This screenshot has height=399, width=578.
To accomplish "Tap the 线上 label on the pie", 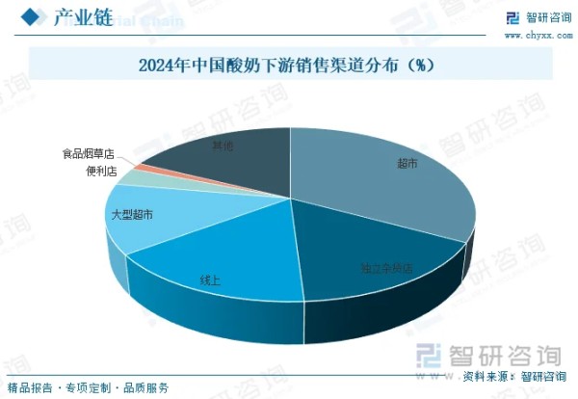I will [x=210, y=280].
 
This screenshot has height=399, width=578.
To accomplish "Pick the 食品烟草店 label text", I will [x=88, y=153].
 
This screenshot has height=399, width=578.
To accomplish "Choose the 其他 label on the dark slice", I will [x=223, y=146].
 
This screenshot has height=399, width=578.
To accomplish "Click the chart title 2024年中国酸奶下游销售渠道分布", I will [x=270, y=66].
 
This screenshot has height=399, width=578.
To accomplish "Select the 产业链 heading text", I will [x=80, y=16].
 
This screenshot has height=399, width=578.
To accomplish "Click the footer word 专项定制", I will [x=89, y=386].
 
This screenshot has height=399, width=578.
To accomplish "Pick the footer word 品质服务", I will [x=146, y=386].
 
